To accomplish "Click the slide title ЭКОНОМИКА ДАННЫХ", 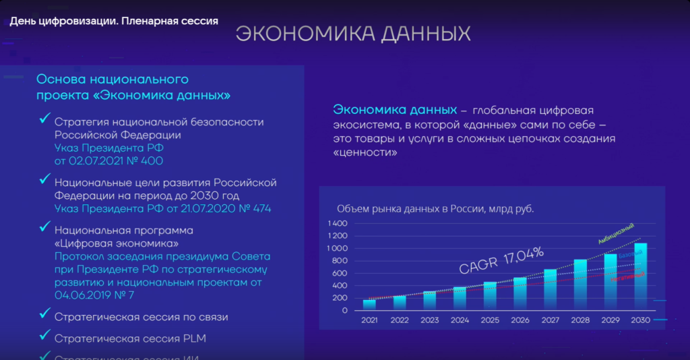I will pyautogui.click(x=352, y=34).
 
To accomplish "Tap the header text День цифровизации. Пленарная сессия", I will pyautogui.click(x=114, y=21).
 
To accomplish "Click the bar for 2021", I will pyautogui.click(x=369, y=305).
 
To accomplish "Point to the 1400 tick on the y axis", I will pyautogui.click(x=337, y=223).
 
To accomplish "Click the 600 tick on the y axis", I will pyautogui.click(x=340, y=273).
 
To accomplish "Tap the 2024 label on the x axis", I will pyautogui.click(x=460, y=321).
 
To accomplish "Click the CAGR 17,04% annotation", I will pyautogui.click(x=501, y=260).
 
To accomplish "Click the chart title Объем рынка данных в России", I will pyautogui.click(x=435, y=209).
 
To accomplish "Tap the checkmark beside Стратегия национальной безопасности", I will pyautogui.click(x=45, y=119).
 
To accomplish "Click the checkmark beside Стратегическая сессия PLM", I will pyautogui.click(x=45, y=334).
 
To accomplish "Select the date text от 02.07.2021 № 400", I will pyautogui.click(x=108, y=161).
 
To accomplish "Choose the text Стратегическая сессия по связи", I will pyautogui.click(x=142, y=316).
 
